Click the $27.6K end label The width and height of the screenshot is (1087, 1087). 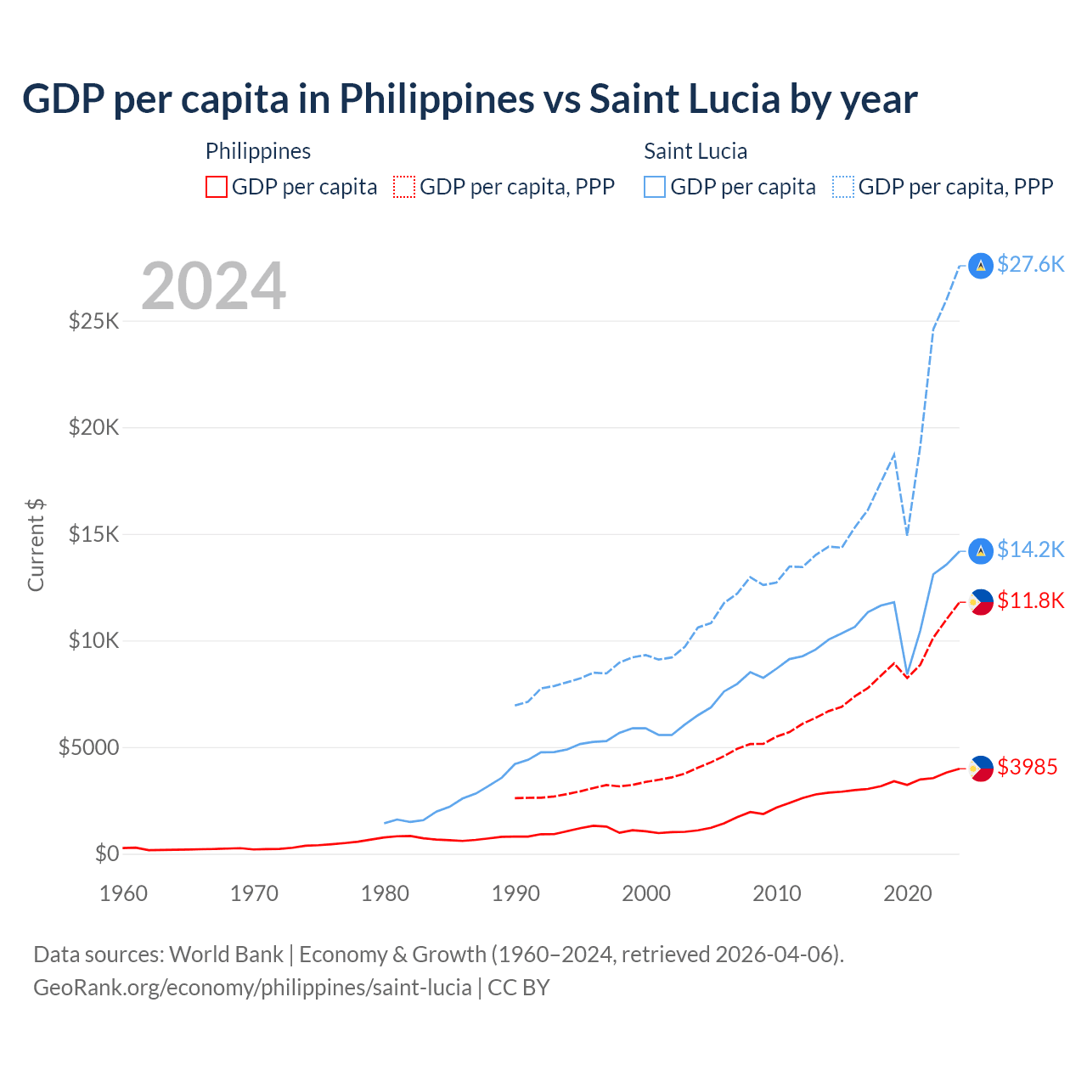tap(1030, 265)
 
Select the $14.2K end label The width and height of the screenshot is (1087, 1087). tap(1030, 550)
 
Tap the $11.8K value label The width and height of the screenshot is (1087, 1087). tap(1030, 601)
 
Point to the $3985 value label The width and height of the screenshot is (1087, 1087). tap(1027, 768)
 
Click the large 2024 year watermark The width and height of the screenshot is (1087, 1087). tap(213, 286)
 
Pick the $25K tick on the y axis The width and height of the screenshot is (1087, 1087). tap(94, 322)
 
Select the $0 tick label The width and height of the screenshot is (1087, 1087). tap(106, 853)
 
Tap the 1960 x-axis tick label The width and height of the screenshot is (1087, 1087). tap(124, 893)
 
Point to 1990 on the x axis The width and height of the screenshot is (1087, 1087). tap(515, 893)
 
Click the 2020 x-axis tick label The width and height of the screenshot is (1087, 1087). tap(908, 893)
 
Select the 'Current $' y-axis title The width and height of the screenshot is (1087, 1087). tap(36, 544)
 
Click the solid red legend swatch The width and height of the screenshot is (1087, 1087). tap(217, 187)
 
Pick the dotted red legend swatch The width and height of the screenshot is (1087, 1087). tap(404, 187)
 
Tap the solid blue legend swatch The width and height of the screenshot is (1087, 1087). tap(655, 187)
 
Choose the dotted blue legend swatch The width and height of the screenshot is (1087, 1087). tap(843, 187)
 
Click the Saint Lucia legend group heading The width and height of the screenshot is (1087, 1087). tap(696, 151)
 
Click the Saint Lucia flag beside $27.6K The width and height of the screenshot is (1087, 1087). tap(981, 266)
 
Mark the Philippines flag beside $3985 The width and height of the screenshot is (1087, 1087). tap(981, 769)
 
